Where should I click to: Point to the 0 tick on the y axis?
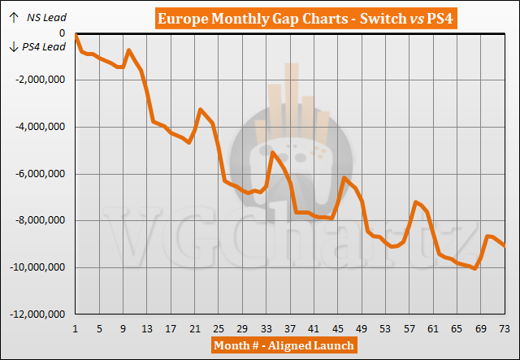pyautogui.click(x=62, y=33)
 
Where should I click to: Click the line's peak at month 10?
pyautogui.click(x=128, y=50)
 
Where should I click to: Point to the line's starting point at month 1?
pyautogui.click(x=75, y=35)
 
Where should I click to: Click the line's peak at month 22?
pyautogui.click(x=201, y=110)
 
